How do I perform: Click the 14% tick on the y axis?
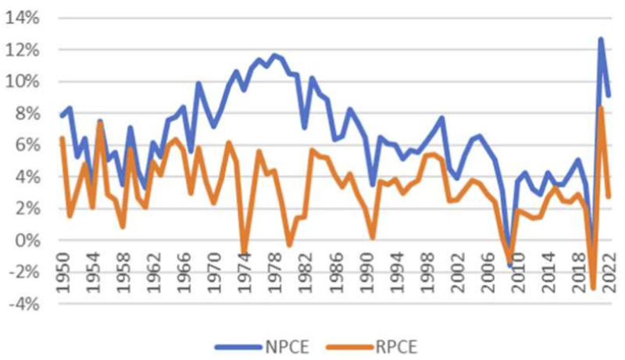click(x=23, y=18)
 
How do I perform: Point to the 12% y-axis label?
click(x=23, y=50)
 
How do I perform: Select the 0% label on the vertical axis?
click(x=28, y=241)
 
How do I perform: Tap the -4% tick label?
click(x=23, y=304)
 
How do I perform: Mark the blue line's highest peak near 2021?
click(x=601, y=39)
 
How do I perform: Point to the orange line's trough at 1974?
click(x=244, y=255)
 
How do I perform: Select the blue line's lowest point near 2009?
click(x=510, y=266)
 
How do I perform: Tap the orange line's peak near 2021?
click(x=601, y=108)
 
